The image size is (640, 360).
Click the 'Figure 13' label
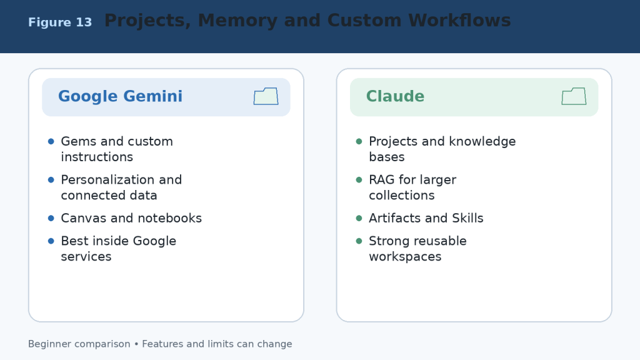[x=60, y=22]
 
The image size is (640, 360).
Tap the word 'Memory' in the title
[x=237, y=21]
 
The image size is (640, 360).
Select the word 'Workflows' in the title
[x=459, y=21]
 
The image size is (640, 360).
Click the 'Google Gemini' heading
[x=120, y=96]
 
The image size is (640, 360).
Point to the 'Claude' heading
[x=395, y=96]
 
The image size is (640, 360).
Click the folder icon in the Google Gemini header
[x=266, y=96]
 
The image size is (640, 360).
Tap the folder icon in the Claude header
[x=574, y=96]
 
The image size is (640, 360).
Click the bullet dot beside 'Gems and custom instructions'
[x=51, y=141]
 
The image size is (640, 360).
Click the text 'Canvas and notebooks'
[x=131, y=218]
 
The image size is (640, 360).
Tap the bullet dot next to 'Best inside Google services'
[x=51, y=241]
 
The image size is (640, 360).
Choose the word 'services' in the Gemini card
[x=86, y=256]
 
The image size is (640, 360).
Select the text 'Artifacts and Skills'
[x=426, y=218]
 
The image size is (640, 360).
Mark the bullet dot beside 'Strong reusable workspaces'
[x=359, y=241]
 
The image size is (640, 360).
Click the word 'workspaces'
[x=405, y=257]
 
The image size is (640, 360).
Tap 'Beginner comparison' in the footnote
[x=79, y=344]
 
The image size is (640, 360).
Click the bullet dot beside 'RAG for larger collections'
[x=359, y=179]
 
